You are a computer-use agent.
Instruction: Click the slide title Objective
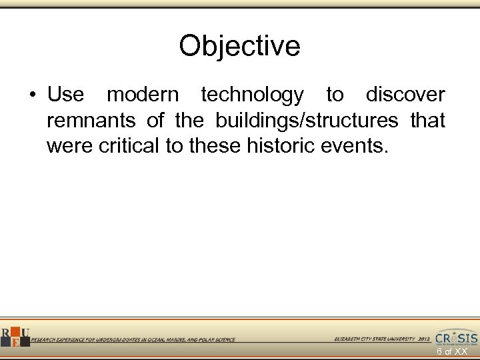click(x=239, y=46)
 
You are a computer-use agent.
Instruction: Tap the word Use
click(x=65, y=95)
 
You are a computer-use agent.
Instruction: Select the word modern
click(x=143, y=95)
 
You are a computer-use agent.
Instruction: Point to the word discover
click(x=405, y=95)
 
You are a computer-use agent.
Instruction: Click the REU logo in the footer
click(x=14, y=337)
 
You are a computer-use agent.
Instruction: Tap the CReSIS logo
click(x=456, y=337)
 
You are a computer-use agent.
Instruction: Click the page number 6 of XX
click(x=451, y=351)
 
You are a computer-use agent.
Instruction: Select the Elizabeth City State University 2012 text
click(x=382, y=339)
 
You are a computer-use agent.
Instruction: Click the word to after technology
click(x=335, y=95)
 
